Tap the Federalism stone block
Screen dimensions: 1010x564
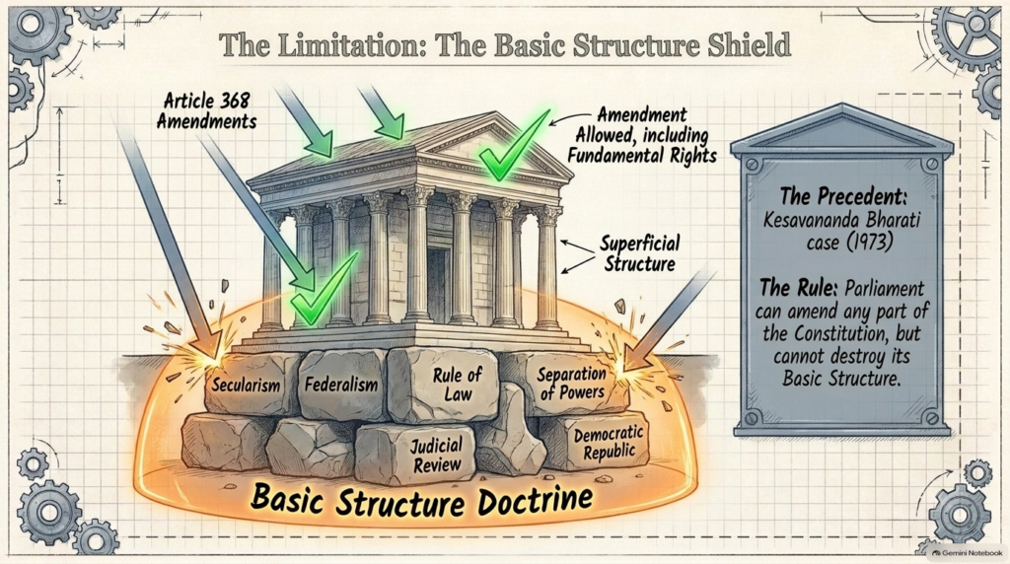342,385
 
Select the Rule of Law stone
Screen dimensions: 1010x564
444,384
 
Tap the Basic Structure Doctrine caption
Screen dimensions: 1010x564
422,500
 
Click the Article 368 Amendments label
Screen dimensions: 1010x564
206,110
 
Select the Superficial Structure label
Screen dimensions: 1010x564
639,253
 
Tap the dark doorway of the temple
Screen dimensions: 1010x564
438,283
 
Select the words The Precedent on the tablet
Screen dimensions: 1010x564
843,196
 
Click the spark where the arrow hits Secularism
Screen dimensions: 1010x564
211,356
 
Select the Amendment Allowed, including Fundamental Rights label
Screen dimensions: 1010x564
641,135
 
